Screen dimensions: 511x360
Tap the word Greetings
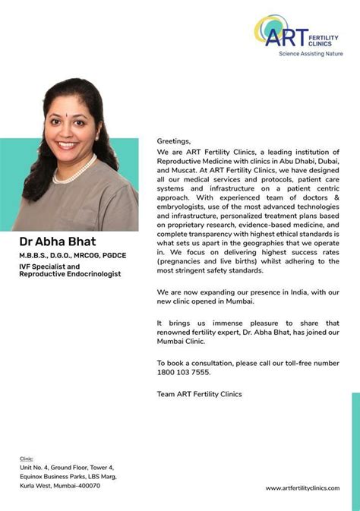[174, 141]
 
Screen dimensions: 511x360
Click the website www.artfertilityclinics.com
[302, 488]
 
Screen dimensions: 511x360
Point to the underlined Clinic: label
[27, 459]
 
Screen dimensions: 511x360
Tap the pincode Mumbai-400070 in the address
[74, 484]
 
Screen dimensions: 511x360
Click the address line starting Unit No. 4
[66, 467]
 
